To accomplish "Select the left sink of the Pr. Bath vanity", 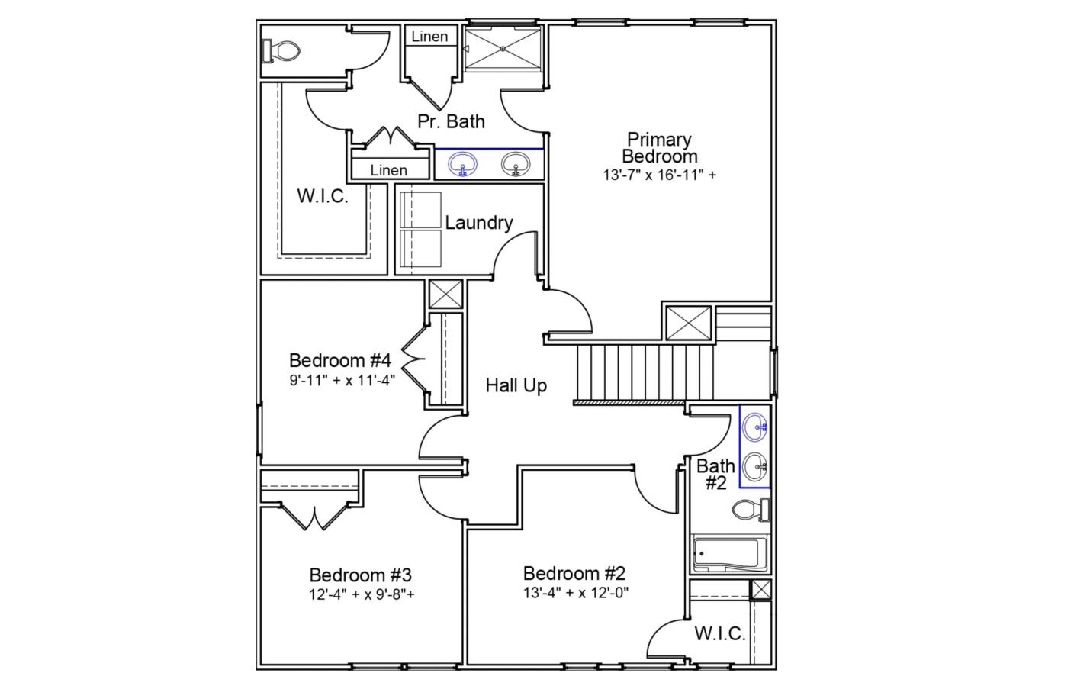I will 462,164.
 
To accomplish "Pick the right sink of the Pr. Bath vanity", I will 516,164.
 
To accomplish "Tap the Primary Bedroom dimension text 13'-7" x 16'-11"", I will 659,175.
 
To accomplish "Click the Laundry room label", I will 478,223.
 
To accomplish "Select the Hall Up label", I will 516,385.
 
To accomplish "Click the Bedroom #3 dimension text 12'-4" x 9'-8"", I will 362,594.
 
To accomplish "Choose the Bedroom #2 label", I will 574,573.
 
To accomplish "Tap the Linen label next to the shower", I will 429,37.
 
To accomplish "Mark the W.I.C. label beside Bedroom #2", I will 719,633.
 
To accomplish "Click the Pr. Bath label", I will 451,121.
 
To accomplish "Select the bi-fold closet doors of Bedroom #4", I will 413,357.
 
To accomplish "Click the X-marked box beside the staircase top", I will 688,323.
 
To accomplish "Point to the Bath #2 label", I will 715,474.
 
